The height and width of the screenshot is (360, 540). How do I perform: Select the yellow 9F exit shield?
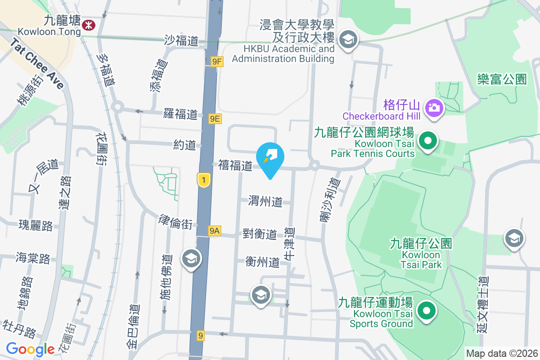click(x=217, y=61)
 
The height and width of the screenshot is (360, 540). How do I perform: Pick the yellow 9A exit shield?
click(x=215, y=231)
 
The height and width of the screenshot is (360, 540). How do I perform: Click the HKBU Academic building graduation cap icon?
click(x=348, y=40)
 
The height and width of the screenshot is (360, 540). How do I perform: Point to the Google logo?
click(x=31, y=349)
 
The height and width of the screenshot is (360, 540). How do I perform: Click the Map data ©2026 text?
click(x=502, y=353)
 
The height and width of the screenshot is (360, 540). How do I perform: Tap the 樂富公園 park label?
click(x=502, y=80)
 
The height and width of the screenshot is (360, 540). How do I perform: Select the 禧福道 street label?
click(x=235, y=166)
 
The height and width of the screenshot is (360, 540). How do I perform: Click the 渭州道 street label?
click(x=265, y=202)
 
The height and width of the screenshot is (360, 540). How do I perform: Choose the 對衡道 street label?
click(x=260, y=234)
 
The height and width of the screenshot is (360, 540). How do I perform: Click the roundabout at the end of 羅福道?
click(x=118, y=107)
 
